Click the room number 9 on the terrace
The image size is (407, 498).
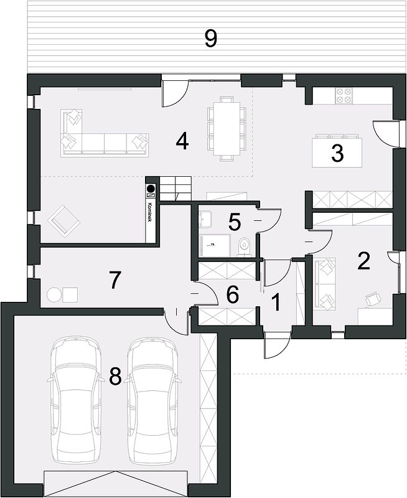pyautogui.click(x=210, y=39)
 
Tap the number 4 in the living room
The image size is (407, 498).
pyautogui.click(x=182, y=142)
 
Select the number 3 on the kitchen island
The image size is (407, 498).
pyautogui.click(x=337, y=153)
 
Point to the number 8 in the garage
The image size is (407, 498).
pyautogui.click(x=115, y=377)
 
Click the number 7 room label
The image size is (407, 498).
pyautogui.click(x=115, y=280)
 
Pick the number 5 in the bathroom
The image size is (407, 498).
pyautogui.click(x=235, y=222)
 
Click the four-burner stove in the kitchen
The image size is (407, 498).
pyautogui.click(x=344, y=96)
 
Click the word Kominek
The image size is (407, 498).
pyautogui.click(x=150, y=212)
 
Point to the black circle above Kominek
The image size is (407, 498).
pyautogui.click(x=150, y=187)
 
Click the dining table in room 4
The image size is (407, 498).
pyautogui.click(x=227, y=128)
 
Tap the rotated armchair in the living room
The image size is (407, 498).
pyautogui.click(x=64, y=221)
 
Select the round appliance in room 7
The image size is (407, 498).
pyautogui.click(x=54, y=295)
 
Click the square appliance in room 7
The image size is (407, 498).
pyautogui.click(x=70, y=295)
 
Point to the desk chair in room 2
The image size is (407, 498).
pyautogui.click(x=373, y=299)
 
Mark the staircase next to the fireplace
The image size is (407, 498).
pyautogui.click(x=175, y=189)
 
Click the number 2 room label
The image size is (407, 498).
pyautogui.click(x=363, y=261)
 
